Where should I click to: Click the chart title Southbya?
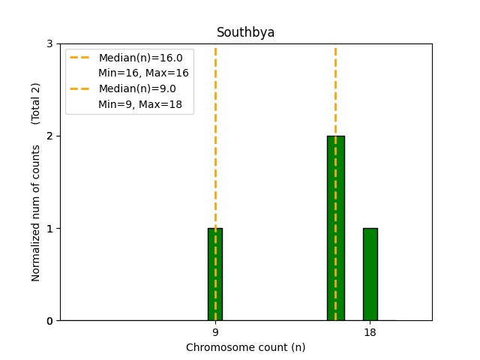(x=245, y=32)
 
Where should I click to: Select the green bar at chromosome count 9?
(x=215, y=274)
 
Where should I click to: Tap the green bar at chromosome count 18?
(x=370, y=274)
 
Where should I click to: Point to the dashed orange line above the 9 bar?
(x=215, y=135)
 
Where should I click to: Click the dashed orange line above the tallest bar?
(x=335, y=90)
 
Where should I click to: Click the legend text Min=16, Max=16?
(x=143, y=73)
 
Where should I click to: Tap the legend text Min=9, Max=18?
(x=140, y=104)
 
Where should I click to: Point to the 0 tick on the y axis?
(x=49, y=321)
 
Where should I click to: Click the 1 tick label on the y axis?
(x=49, y=229)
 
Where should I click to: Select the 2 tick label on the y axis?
(x=49, y=136)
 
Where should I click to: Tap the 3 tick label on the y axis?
(x=49, y=43)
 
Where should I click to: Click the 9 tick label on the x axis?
(x=215, y=332)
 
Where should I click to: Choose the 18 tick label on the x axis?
(x=370, y=332)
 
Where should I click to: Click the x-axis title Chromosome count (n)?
(x=245, y=347)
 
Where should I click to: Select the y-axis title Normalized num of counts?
(x=36, y=213)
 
